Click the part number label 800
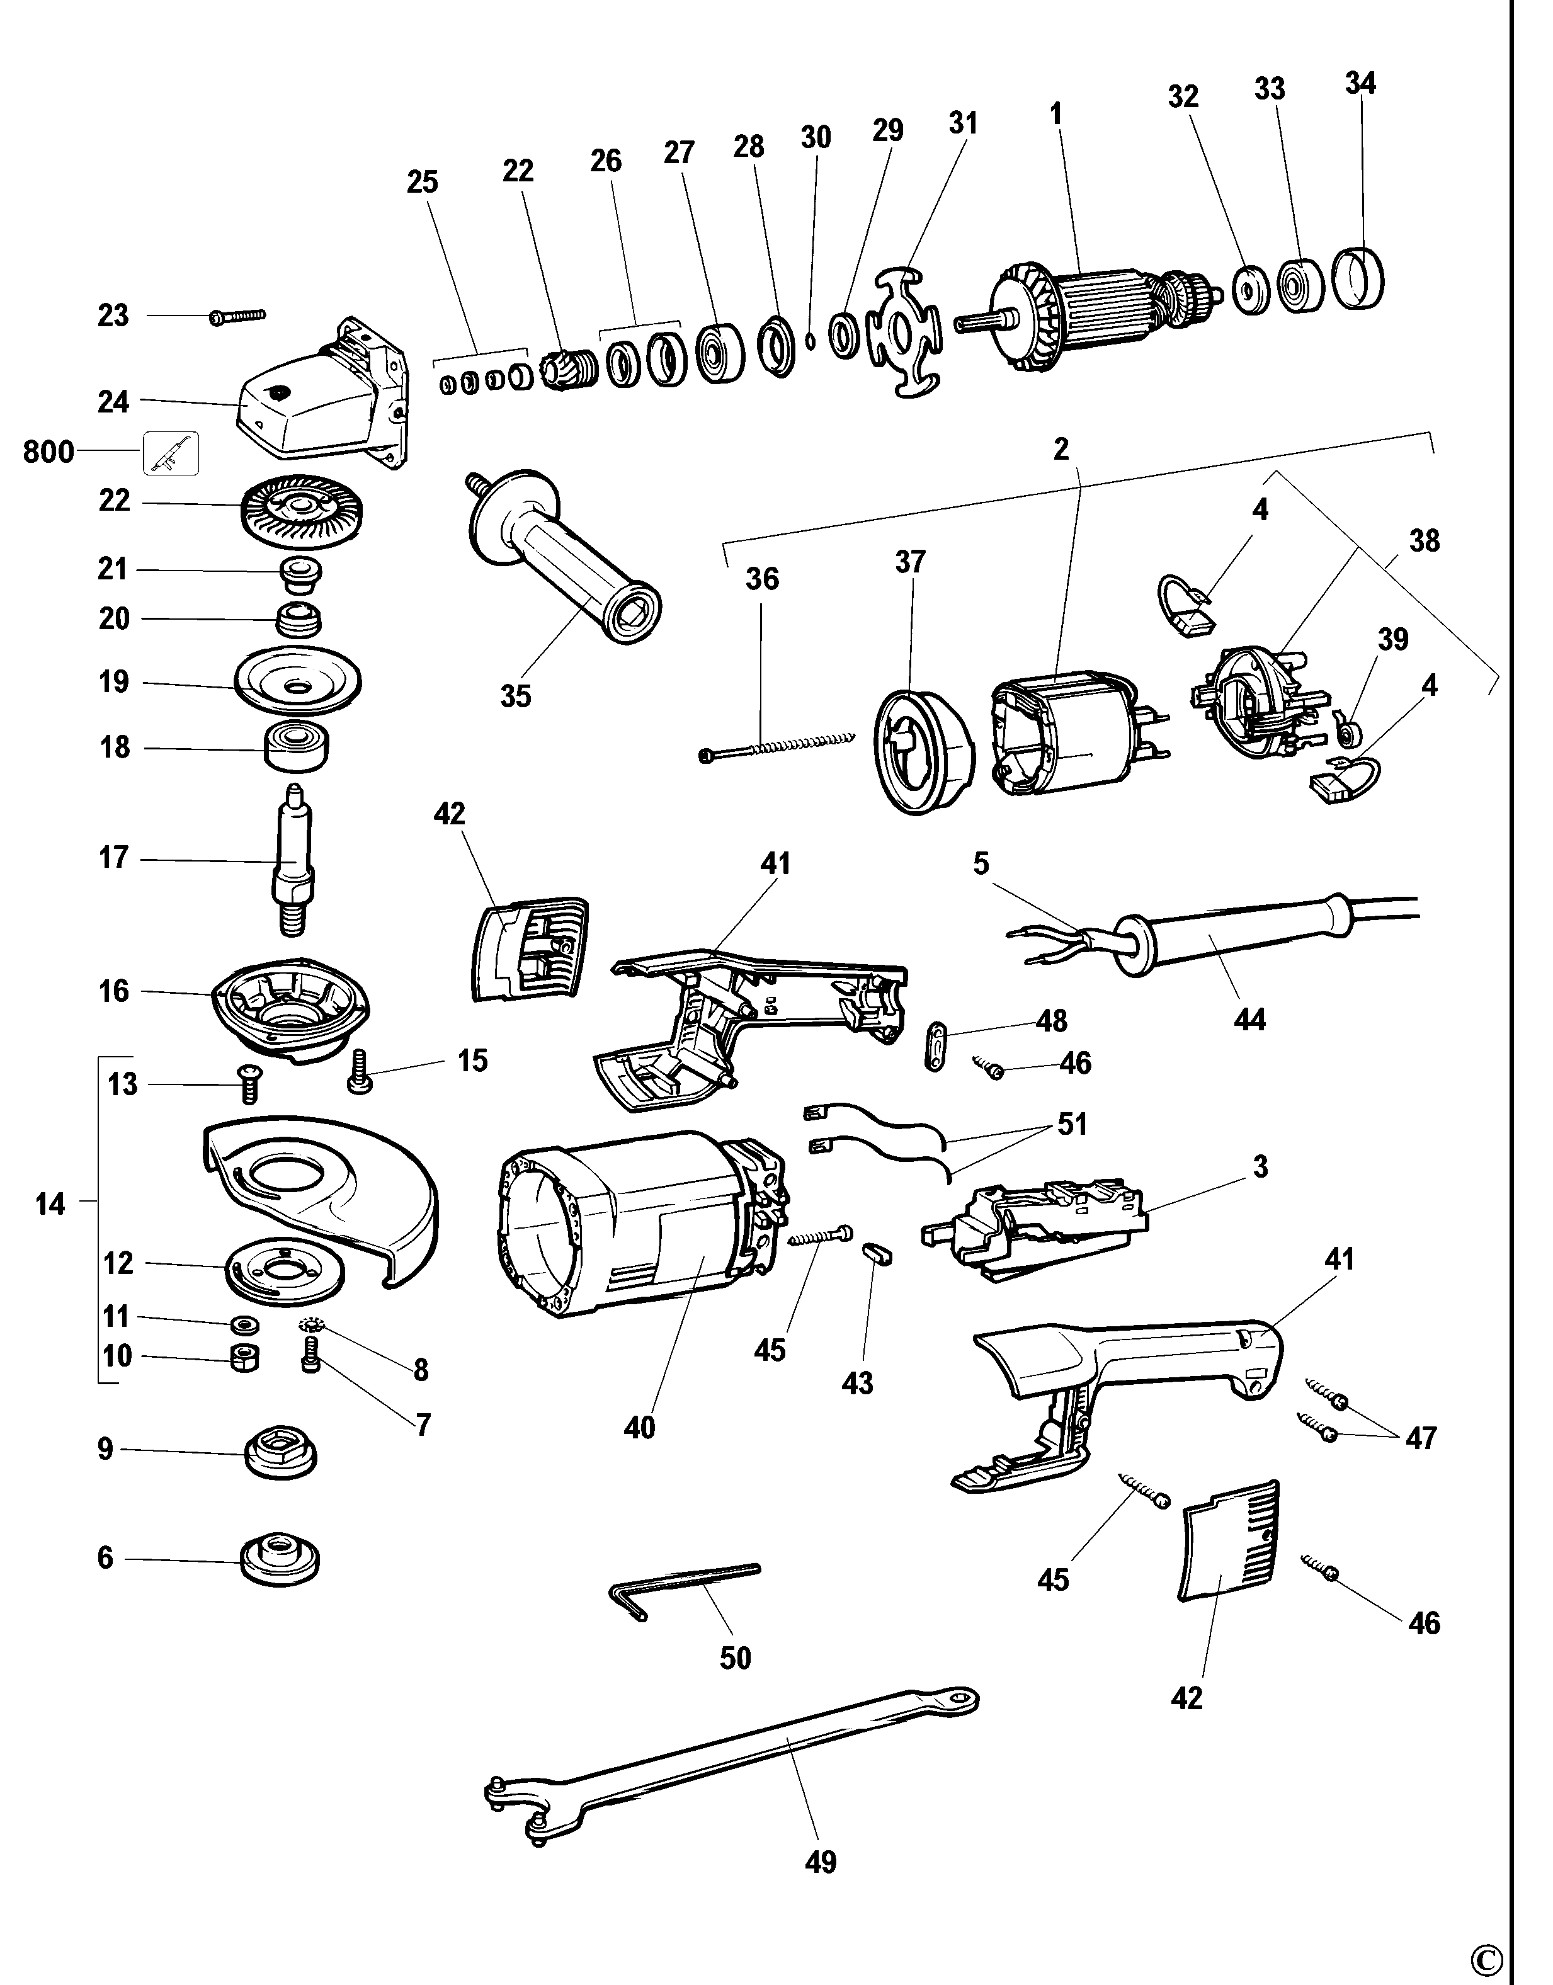pyautogui.click(x=48, y=452)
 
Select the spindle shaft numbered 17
pyautogui.click(x=293, y=859)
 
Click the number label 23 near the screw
pyautogui.click(x=113, y=316)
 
